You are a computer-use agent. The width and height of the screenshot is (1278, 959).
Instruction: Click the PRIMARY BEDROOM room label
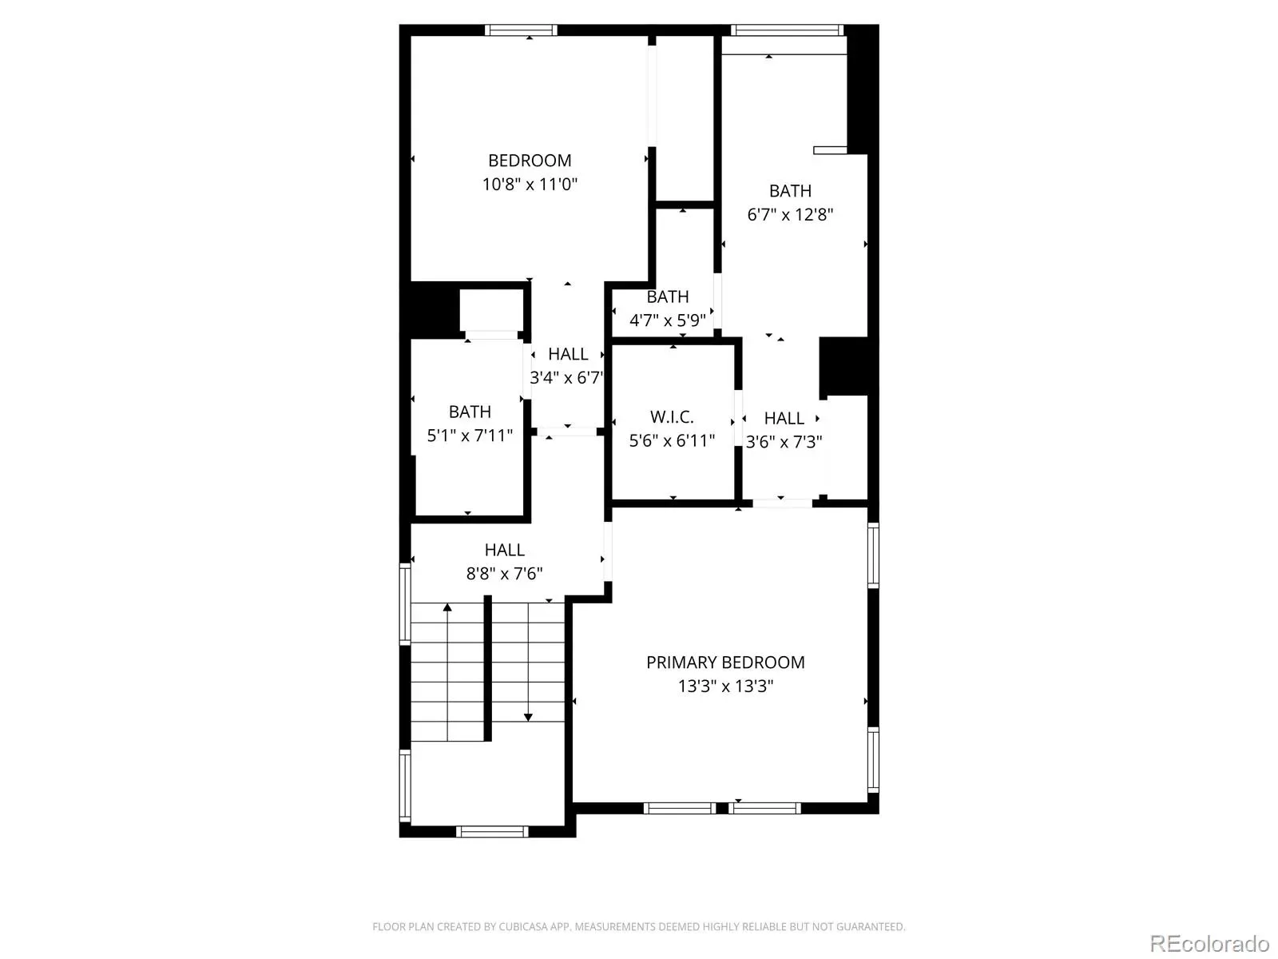click(x=725, y=662)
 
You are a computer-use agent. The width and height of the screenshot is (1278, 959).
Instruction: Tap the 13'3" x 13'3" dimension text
click(x=725, y=686)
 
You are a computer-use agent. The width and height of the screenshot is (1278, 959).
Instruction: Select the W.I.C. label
click(x=672, y=417)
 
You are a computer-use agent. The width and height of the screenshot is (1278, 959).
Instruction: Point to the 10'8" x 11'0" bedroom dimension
click(x=530, y=184)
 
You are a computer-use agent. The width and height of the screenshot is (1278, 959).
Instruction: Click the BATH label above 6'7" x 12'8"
click(x=790, y=191)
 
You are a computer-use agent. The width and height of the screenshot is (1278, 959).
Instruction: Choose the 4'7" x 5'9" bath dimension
click(x=668, y=320)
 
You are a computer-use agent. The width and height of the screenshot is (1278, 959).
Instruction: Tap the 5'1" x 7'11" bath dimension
click(x=470, y=436)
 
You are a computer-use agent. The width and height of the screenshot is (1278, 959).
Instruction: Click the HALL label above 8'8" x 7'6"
click(x=504, y=550)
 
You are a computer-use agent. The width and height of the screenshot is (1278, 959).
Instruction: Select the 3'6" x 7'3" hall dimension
click(x=784, y=442)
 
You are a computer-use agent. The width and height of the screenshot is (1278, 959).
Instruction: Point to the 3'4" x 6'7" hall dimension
click(x=566, y=377)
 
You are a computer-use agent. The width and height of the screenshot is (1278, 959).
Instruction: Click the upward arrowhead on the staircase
click(x=447, y=607)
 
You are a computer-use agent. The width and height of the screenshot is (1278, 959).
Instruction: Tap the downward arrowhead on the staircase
click(x=528, y=718)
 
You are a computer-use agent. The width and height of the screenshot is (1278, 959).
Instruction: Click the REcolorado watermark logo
click(x=1210, y=943)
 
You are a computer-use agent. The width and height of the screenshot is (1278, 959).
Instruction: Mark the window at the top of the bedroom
click(x=521, y=30)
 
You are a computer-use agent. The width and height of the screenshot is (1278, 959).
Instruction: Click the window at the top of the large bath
click(x=788, y=30)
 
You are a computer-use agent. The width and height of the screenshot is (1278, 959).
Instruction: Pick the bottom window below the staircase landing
click(x=492, y=831)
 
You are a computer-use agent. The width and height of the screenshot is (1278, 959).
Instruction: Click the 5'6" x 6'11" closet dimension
click(x=672, y=441)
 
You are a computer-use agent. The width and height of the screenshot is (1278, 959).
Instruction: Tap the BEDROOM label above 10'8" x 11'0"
click(x=530, y=160)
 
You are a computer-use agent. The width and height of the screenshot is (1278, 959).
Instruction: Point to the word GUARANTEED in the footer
click(x=871, y=926)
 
